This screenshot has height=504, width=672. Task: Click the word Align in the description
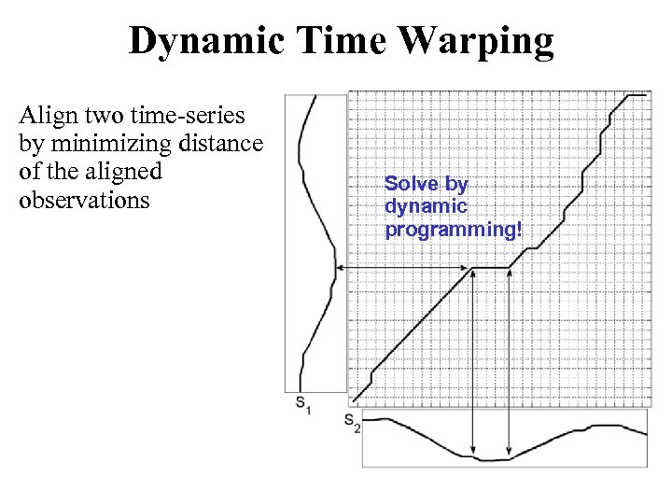tap(47, 116)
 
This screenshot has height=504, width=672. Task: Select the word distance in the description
tap(226, 144)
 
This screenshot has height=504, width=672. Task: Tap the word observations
tap(84, 200)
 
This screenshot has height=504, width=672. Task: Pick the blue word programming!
tap(453, 228)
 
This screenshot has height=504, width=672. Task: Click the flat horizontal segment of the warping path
tap(492, 269)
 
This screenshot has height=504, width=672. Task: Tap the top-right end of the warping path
tap(647, 93)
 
